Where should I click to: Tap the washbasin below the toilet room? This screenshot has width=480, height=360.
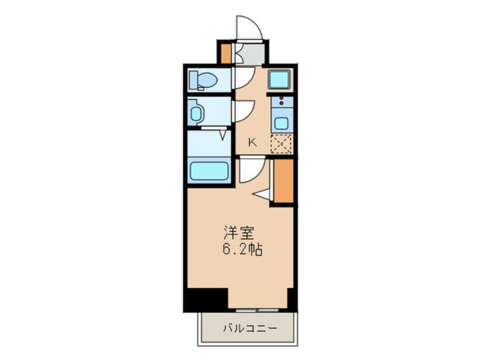[x=196, y=113]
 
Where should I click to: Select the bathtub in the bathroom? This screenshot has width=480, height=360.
[x=209, y=171]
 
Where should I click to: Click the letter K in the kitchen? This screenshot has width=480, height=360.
[x=251, y=143]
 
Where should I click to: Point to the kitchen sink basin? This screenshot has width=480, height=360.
[x=280, y=122]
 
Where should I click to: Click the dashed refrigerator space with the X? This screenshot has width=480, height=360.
[x=281, y=144]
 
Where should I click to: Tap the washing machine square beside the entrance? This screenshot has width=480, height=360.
[x=279, y=79]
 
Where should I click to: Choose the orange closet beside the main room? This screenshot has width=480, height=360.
[x=283, y=181]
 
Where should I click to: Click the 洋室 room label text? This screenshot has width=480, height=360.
[x=234, y=232]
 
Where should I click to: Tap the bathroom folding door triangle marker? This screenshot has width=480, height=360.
[x=223, y=135]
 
